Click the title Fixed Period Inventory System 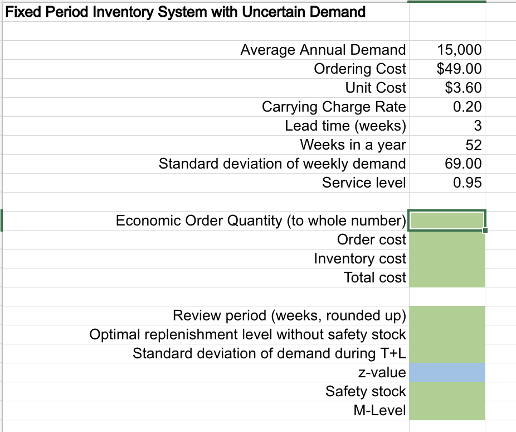tap(184, 12)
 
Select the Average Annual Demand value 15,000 tap(459, 50)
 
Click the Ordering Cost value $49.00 tap(459, 69)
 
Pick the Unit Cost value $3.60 tap(464, 88)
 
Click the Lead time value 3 tap(477, 126)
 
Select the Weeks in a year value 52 tap(473, 145)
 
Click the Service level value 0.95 tap(467, 183)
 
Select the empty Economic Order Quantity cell tap(447, 220)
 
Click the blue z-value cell tap(447, 372)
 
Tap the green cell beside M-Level tap(447, 410)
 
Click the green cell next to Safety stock tap(447, 391)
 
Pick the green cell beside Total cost tap(447, 277)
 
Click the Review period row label tap(289, 315)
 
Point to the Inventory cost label tap(360, 258)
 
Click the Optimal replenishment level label tap(247, 334)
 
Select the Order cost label tap(372, 239)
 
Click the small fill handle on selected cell tap(485, 231)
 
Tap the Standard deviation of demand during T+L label tap(269, 353)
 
